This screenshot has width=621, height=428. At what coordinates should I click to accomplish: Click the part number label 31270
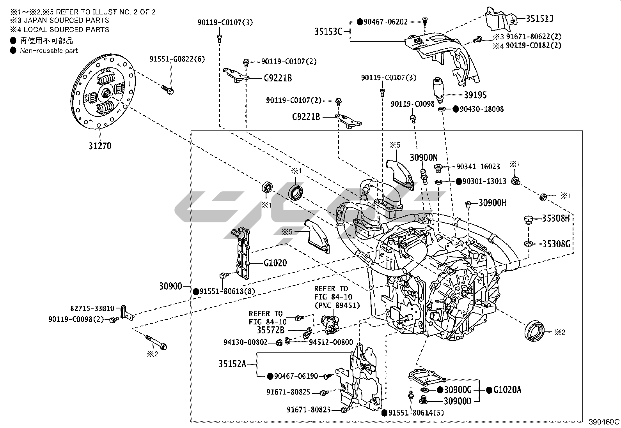tap(99, 146)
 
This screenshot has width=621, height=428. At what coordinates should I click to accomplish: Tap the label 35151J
tap(540, 18)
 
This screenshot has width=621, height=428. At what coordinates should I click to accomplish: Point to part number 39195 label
tap(475, 95)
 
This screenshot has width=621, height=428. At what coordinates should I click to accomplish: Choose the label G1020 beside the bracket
tap(275, 263)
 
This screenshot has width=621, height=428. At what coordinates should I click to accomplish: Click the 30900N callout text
tap(423, 158)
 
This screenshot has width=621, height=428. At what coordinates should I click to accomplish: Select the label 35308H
tap(555, 218)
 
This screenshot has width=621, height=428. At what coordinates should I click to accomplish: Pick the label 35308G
tap(556, 244)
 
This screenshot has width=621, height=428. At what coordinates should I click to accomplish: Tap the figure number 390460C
tap(604, 422)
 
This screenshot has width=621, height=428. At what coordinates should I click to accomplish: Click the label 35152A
tap(232, 364)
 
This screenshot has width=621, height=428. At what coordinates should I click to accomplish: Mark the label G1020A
tap(507, 390)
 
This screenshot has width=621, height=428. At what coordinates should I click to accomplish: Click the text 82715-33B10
tap(92, 308)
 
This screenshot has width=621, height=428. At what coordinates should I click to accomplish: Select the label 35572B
tap(270, 330)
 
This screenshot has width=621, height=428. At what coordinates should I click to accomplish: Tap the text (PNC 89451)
tap(337, 305)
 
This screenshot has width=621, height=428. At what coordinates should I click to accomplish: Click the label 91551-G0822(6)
tap(177, 59)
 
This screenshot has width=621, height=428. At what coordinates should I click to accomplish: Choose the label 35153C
tap(328, 31)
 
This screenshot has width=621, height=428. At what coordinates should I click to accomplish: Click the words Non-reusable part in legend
tap(49, 50)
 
